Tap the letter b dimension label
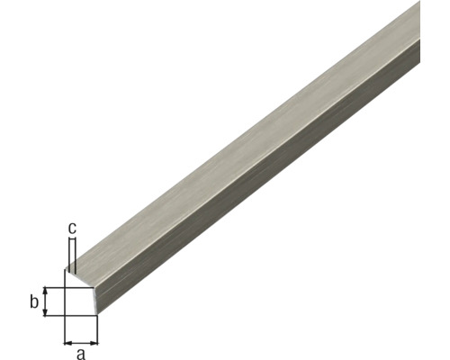point(34,301)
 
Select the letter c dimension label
point(71,228)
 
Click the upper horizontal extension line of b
point(54,288)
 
